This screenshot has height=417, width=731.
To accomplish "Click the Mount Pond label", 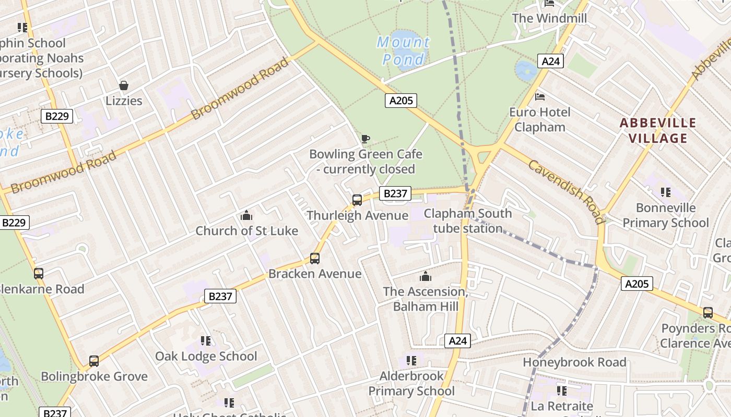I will [403, 51].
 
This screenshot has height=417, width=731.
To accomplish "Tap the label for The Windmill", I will [549, 18].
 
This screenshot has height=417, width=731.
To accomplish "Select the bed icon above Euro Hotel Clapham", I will [540, 97].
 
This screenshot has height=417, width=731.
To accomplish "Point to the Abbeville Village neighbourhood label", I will [657, 130].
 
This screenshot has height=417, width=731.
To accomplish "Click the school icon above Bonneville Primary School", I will [665, 192].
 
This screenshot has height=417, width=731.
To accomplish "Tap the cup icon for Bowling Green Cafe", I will [365, 139].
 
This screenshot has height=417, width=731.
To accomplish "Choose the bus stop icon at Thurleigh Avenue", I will [357, 200].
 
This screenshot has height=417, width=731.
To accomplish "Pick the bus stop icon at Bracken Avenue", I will [314, 259].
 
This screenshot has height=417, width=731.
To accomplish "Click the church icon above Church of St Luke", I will [246, 215].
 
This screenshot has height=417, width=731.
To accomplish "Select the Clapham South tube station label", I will [467, 220].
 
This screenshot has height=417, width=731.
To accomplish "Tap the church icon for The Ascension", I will [426, 276].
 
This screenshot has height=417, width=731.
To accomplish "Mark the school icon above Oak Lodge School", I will [206, 341].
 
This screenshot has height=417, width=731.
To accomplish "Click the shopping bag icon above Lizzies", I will [124, 85].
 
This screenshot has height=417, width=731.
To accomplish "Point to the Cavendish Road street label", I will [566, 191].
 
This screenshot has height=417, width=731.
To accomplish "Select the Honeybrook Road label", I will [574, 362].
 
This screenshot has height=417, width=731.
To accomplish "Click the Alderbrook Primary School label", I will [411, 383].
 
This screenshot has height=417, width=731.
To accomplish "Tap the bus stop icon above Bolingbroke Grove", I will [94, 361].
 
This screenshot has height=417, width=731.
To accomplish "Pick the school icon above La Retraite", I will [562, 390].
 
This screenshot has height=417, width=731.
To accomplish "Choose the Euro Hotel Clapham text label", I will [540, 119].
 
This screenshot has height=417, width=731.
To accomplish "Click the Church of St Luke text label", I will [246, 231].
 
